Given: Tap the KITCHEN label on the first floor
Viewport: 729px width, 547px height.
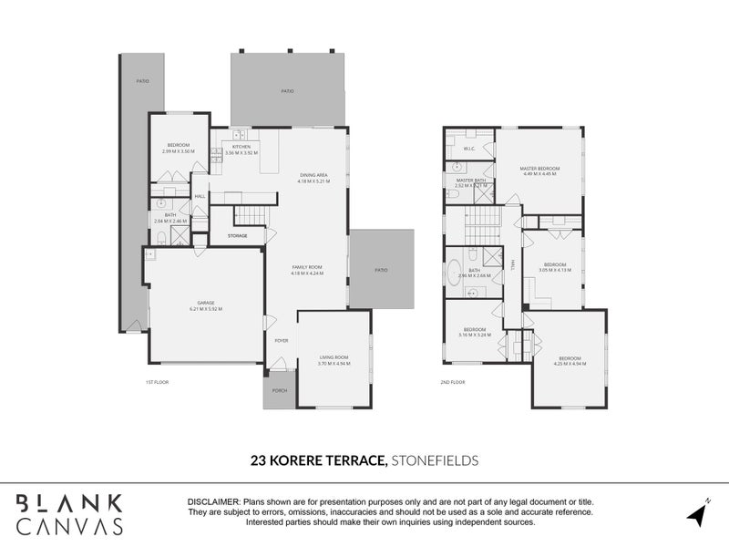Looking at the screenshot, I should (x=241, y=147).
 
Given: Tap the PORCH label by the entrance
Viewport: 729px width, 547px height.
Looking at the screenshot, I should (x=279, y=390).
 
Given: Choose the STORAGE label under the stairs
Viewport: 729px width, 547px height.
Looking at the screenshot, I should (x=237, y=236).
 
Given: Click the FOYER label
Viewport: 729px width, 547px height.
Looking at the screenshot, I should (x=282, y=341).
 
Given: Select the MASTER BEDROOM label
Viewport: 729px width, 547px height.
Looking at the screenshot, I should (x=539, y=169).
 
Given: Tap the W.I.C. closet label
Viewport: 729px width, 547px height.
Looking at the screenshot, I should (x=470, y=149).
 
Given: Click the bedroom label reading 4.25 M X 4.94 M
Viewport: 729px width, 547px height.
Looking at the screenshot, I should (x=570, y=358).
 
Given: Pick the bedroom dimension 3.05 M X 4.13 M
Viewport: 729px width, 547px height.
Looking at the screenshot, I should (x=554, y=270).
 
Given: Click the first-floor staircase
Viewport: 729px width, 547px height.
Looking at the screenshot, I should (x=249, y=216).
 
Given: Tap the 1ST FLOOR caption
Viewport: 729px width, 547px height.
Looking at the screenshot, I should (x=158, y=382).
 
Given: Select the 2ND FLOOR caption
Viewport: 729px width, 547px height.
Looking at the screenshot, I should (x=453, y=382).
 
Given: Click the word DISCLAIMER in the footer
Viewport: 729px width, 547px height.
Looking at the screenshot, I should (x=211, y=502).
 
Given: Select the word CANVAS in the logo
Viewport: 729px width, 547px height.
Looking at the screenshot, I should (x=69, y=525).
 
